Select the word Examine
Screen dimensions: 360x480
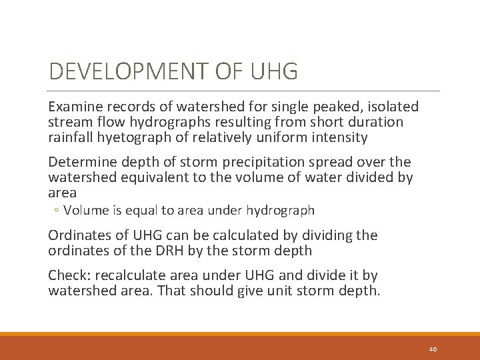pyautogui.click(x=75, y=107)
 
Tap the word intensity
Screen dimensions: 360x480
pyautogui.click(x=339, y=138)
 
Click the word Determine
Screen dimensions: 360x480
pyautogui.click(x=81, y=162)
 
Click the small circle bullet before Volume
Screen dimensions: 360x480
pyautogui.click(x=57, y=211)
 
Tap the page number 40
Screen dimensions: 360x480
pyautogui.click(x=433, y=348)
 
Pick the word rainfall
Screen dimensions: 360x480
pyautogui.click(x=71, y=138)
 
